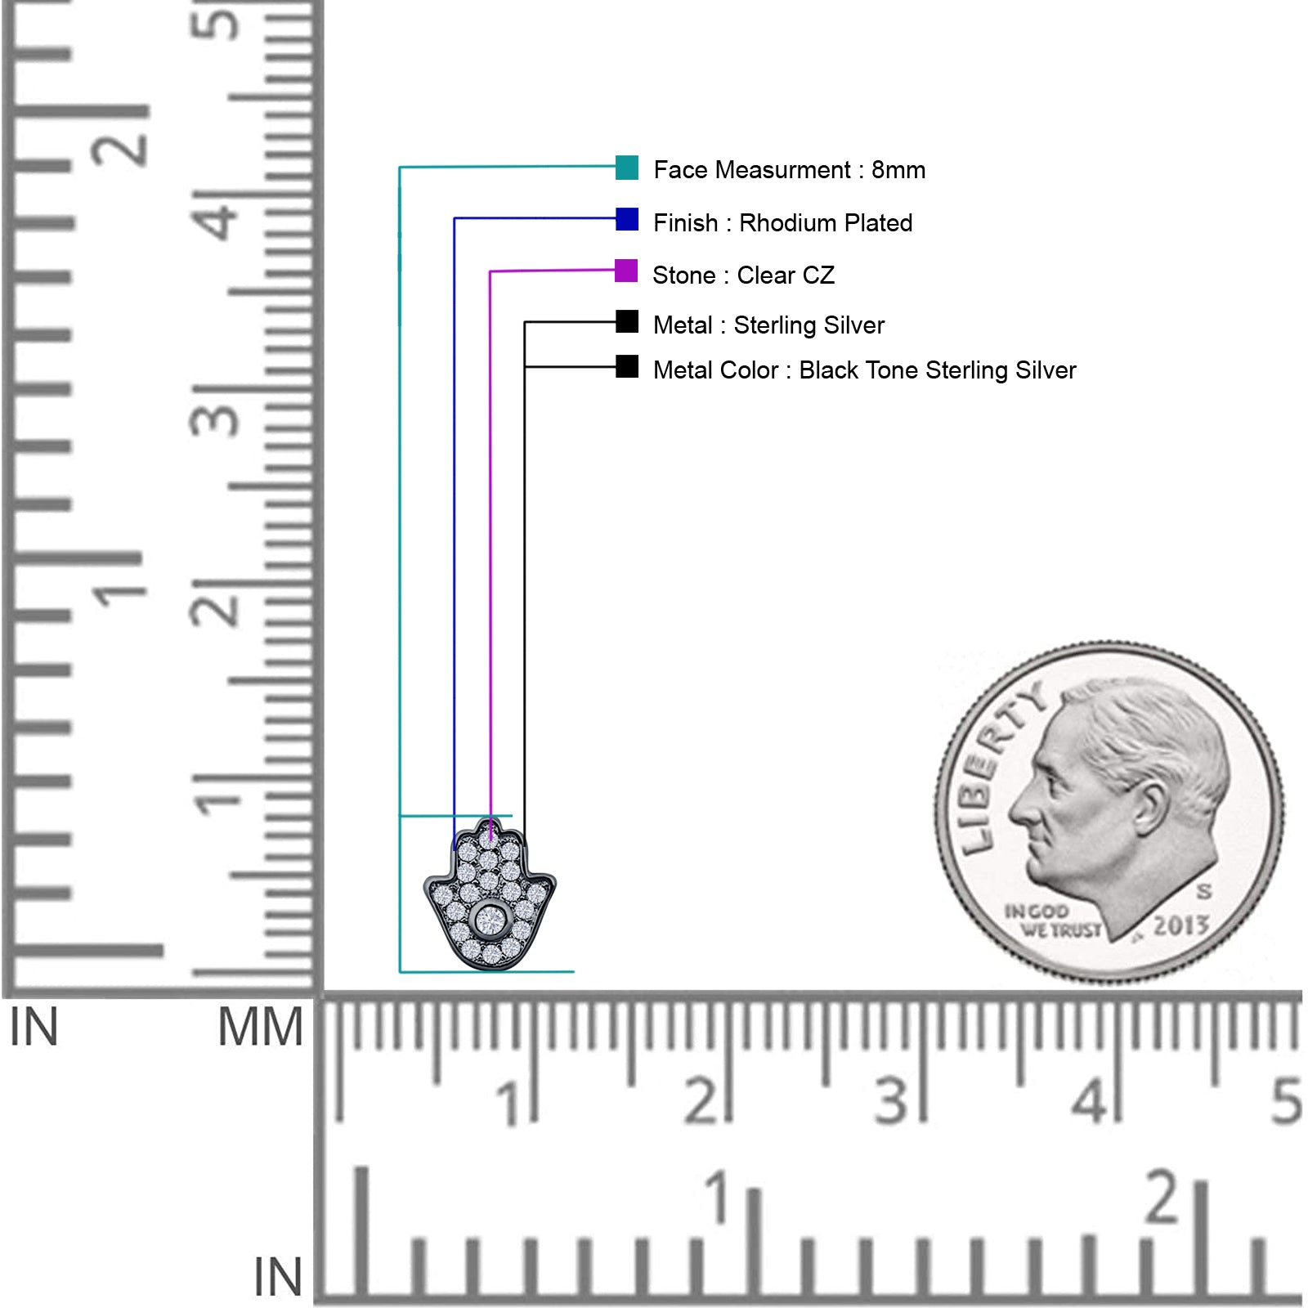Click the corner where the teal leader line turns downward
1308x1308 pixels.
[400, 168]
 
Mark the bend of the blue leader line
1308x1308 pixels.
[455, 218]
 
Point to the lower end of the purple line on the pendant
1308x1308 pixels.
[490, 840]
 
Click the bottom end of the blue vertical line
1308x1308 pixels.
[455, 849]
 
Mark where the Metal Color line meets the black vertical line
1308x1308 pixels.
[525, 367]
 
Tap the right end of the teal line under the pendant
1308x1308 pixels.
[574, 972]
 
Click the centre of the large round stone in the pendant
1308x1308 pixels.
[490, 921]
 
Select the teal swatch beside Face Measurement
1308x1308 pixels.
[627, 168]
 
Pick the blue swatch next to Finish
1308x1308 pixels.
[627, 219]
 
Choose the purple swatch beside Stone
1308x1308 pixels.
[626, 271]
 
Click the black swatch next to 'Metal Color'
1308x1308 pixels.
[627, 366]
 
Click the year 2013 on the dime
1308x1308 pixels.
[1180, 925]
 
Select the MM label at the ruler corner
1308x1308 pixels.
[260, 1028]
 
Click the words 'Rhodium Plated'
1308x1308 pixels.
[826, 223]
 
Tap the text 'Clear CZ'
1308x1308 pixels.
[786, 275]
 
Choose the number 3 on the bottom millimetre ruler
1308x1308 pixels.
[891, 1101]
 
